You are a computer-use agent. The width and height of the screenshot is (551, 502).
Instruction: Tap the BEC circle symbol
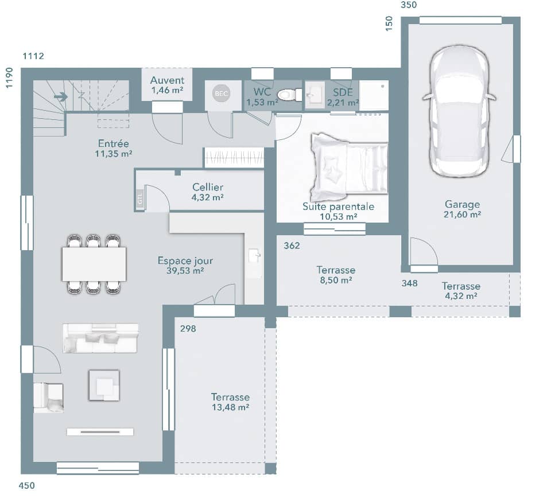coord(221,94)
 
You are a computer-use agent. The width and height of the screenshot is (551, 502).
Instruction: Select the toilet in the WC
coord(286,95)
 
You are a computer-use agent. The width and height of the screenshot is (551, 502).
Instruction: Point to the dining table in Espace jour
coord(94,264)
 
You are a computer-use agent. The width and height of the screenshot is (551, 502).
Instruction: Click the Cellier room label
coord(208,187)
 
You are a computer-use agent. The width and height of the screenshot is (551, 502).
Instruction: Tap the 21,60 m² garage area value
coord(462,214)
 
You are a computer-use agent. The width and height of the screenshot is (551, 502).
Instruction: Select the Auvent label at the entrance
coord(167,80)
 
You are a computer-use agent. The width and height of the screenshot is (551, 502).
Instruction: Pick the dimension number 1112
coord(33,56)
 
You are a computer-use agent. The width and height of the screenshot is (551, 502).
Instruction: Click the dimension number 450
coord(27,486)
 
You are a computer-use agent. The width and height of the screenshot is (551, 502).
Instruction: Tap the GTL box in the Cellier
coord(139,199)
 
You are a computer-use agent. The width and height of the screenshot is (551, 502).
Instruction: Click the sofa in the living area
coord(101,338)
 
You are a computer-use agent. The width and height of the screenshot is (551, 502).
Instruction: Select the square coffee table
coord(104,385)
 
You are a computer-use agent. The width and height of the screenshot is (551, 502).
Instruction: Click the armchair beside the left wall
coord(48,397)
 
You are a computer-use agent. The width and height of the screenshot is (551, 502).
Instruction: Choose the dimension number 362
coord(292,246)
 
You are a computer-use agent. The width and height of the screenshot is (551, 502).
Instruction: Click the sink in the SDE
coord(315,95)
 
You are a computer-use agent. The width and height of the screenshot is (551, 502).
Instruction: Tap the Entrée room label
coord(113,143)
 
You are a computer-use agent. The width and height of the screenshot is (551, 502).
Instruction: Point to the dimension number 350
coord(408,5)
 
